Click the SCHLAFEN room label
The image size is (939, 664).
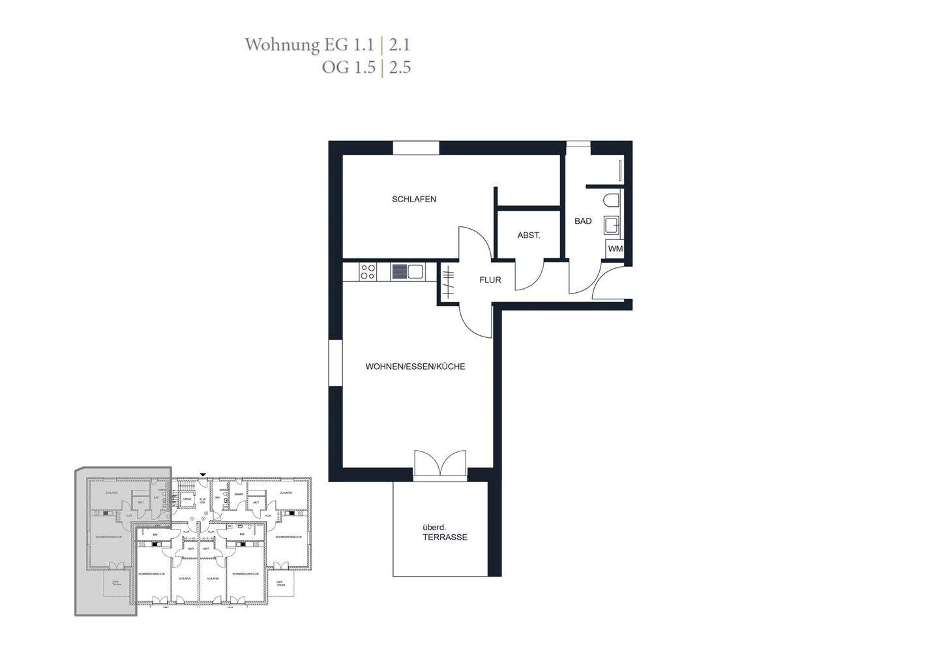pyautogui.click(x=414, y=199)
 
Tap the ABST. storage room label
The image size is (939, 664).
pyautogui.click(x=528, y=235)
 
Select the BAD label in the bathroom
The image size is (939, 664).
pyautogui.click(x=583, y=221)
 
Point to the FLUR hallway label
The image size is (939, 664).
pyautogui.click(x=490, y=280)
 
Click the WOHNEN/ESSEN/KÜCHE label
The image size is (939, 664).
pyautogui.click(x=415, y=367)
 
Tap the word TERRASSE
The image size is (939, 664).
pyautogui.click(x=445, y=537)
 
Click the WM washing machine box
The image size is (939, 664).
pyautogui.click(x=615, y=249)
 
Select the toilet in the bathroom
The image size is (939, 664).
pyautogui.click(x=612, y=201)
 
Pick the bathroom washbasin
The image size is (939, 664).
pyautogui.click(x=612, y=226)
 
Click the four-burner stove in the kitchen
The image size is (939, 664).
pyautogui.click(x=368, y=271)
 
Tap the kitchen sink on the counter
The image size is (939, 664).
pyautogui.click(x=408, y=271)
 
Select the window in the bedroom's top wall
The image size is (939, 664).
pyautogui.click(x=416, y=148)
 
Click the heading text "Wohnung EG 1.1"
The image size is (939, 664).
pyautogui.click(x=309, y=45)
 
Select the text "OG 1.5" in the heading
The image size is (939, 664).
pyautogui.click(x=348, y=67)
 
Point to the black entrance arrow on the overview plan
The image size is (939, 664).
pyautogui.click(x=203, y=474)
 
